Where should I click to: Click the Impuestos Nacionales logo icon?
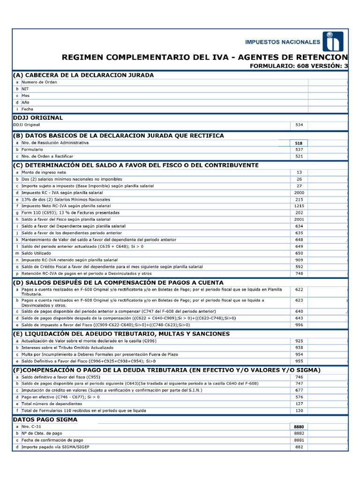(332, 42)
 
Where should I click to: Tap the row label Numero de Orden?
(39, 82)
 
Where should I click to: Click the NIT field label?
(25, 89)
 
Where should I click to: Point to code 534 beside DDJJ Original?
(299, 125)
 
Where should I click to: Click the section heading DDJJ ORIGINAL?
(38, 118)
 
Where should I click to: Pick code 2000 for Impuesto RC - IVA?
(299, 193)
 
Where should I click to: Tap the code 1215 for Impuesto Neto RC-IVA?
(299, 206)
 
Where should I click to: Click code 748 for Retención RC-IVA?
(299, 273)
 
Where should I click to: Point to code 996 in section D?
(299, 324)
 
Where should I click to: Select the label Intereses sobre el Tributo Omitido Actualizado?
(67, 348)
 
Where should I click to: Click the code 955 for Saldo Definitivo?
(299, 361)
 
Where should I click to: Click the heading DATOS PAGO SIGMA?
(45, 420)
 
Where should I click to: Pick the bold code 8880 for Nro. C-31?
(299, 427)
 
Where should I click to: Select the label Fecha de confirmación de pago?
(53, 440)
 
